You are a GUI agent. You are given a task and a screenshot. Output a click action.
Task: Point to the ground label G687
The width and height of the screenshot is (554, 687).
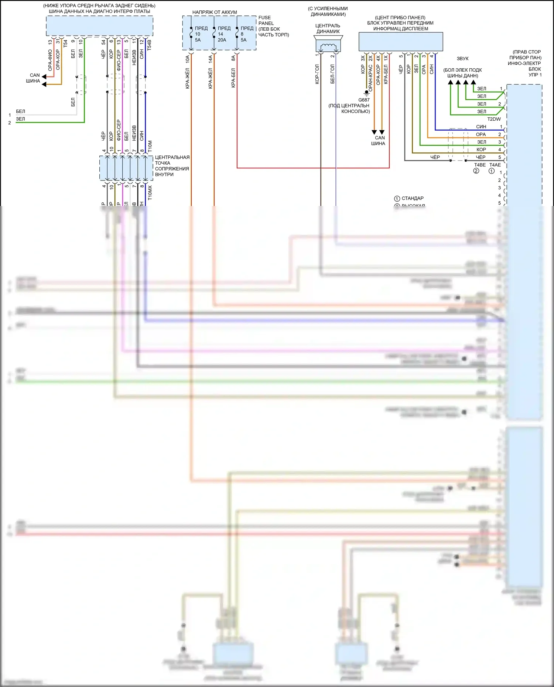pos(364,100)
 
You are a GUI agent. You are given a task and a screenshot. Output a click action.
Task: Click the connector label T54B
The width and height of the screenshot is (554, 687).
pos(149,45)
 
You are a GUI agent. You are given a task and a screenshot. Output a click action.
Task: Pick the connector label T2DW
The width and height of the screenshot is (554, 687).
pos(494,119)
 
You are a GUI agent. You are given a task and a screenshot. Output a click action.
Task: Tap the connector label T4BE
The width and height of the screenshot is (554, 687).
pos(480,165)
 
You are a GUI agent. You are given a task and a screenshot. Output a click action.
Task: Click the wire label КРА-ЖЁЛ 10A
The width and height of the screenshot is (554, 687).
pos(188,72)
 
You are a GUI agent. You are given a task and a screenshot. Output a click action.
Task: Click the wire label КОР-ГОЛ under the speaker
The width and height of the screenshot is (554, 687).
pos(317,74)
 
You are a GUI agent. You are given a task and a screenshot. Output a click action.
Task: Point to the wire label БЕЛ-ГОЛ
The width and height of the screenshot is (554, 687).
pos(332,74)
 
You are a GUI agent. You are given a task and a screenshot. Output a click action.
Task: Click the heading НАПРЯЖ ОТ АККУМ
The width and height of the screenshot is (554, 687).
pos(215,12)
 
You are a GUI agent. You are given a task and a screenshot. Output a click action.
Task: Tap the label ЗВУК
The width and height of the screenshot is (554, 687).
pos(462,58)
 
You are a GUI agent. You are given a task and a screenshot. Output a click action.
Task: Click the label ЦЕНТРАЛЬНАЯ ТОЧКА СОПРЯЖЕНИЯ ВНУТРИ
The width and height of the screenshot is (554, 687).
pos(172,166)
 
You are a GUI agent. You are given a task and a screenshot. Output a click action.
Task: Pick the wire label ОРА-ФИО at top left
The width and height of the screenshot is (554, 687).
pos(50,60)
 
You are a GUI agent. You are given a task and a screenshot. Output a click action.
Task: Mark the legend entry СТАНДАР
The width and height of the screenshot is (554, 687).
pos(412,198)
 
